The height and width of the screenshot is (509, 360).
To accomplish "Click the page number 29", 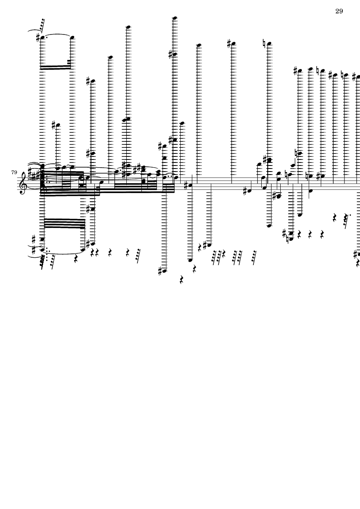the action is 339,11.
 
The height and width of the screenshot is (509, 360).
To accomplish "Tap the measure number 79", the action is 14,172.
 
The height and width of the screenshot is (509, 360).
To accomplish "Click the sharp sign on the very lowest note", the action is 160,271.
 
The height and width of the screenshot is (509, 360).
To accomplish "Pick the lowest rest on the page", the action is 182,280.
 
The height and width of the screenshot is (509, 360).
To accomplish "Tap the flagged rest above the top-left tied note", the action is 41,25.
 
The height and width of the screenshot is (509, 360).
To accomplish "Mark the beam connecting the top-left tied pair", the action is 56,67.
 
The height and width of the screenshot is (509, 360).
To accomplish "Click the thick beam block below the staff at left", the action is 64,223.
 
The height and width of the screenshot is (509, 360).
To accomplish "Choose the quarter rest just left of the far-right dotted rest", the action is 335,218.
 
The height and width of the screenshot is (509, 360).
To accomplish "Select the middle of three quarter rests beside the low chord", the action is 310,234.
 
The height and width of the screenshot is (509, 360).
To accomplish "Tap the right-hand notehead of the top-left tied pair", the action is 72,37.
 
